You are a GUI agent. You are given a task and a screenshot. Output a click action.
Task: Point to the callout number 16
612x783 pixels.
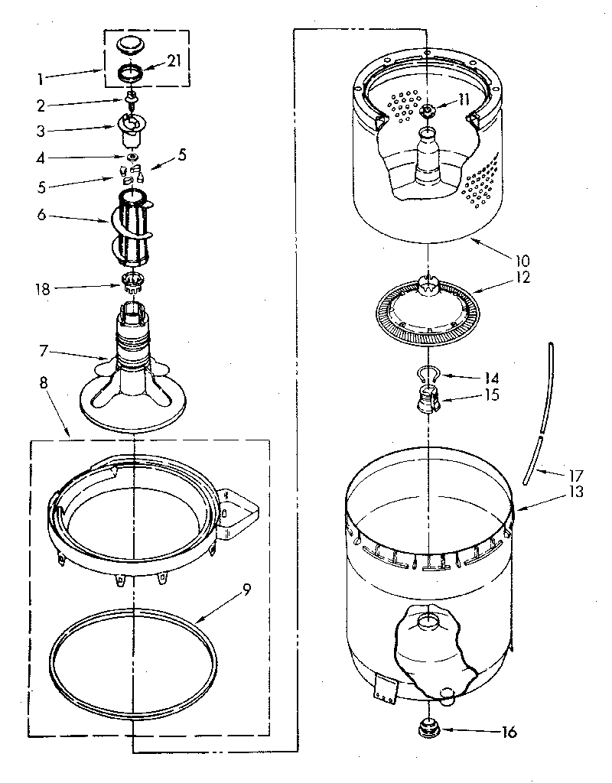(509, 732)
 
